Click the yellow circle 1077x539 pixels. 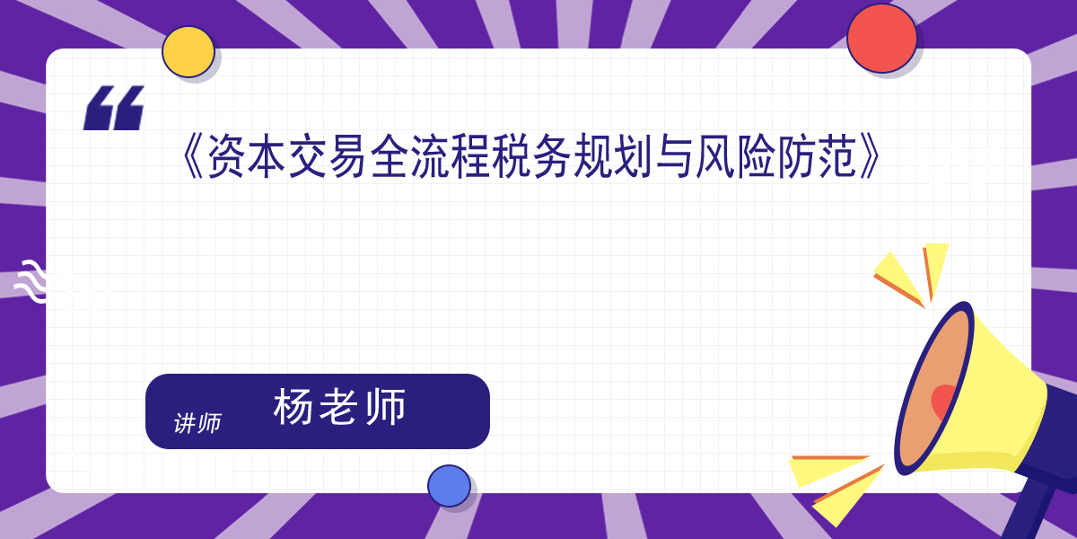(188, 52)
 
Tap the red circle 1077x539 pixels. (881, 39)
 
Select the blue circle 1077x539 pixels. (449, 486)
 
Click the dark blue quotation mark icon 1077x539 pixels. (114, 108)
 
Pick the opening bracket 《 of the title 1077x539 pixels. (193, 156)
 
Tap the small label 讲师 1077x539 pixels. (197, 423)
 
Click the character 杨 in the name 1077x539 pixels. (293, 407)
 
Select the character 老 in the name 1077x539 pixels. (339, 407)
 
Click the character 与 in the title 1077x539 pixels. (674, 156)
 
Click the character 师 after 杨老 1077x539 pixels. (386, 407)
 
